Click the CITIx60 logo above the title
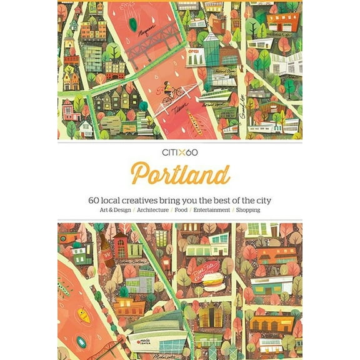click(x=180, y=152)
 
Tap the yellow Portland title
click(x=180, y=175)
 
